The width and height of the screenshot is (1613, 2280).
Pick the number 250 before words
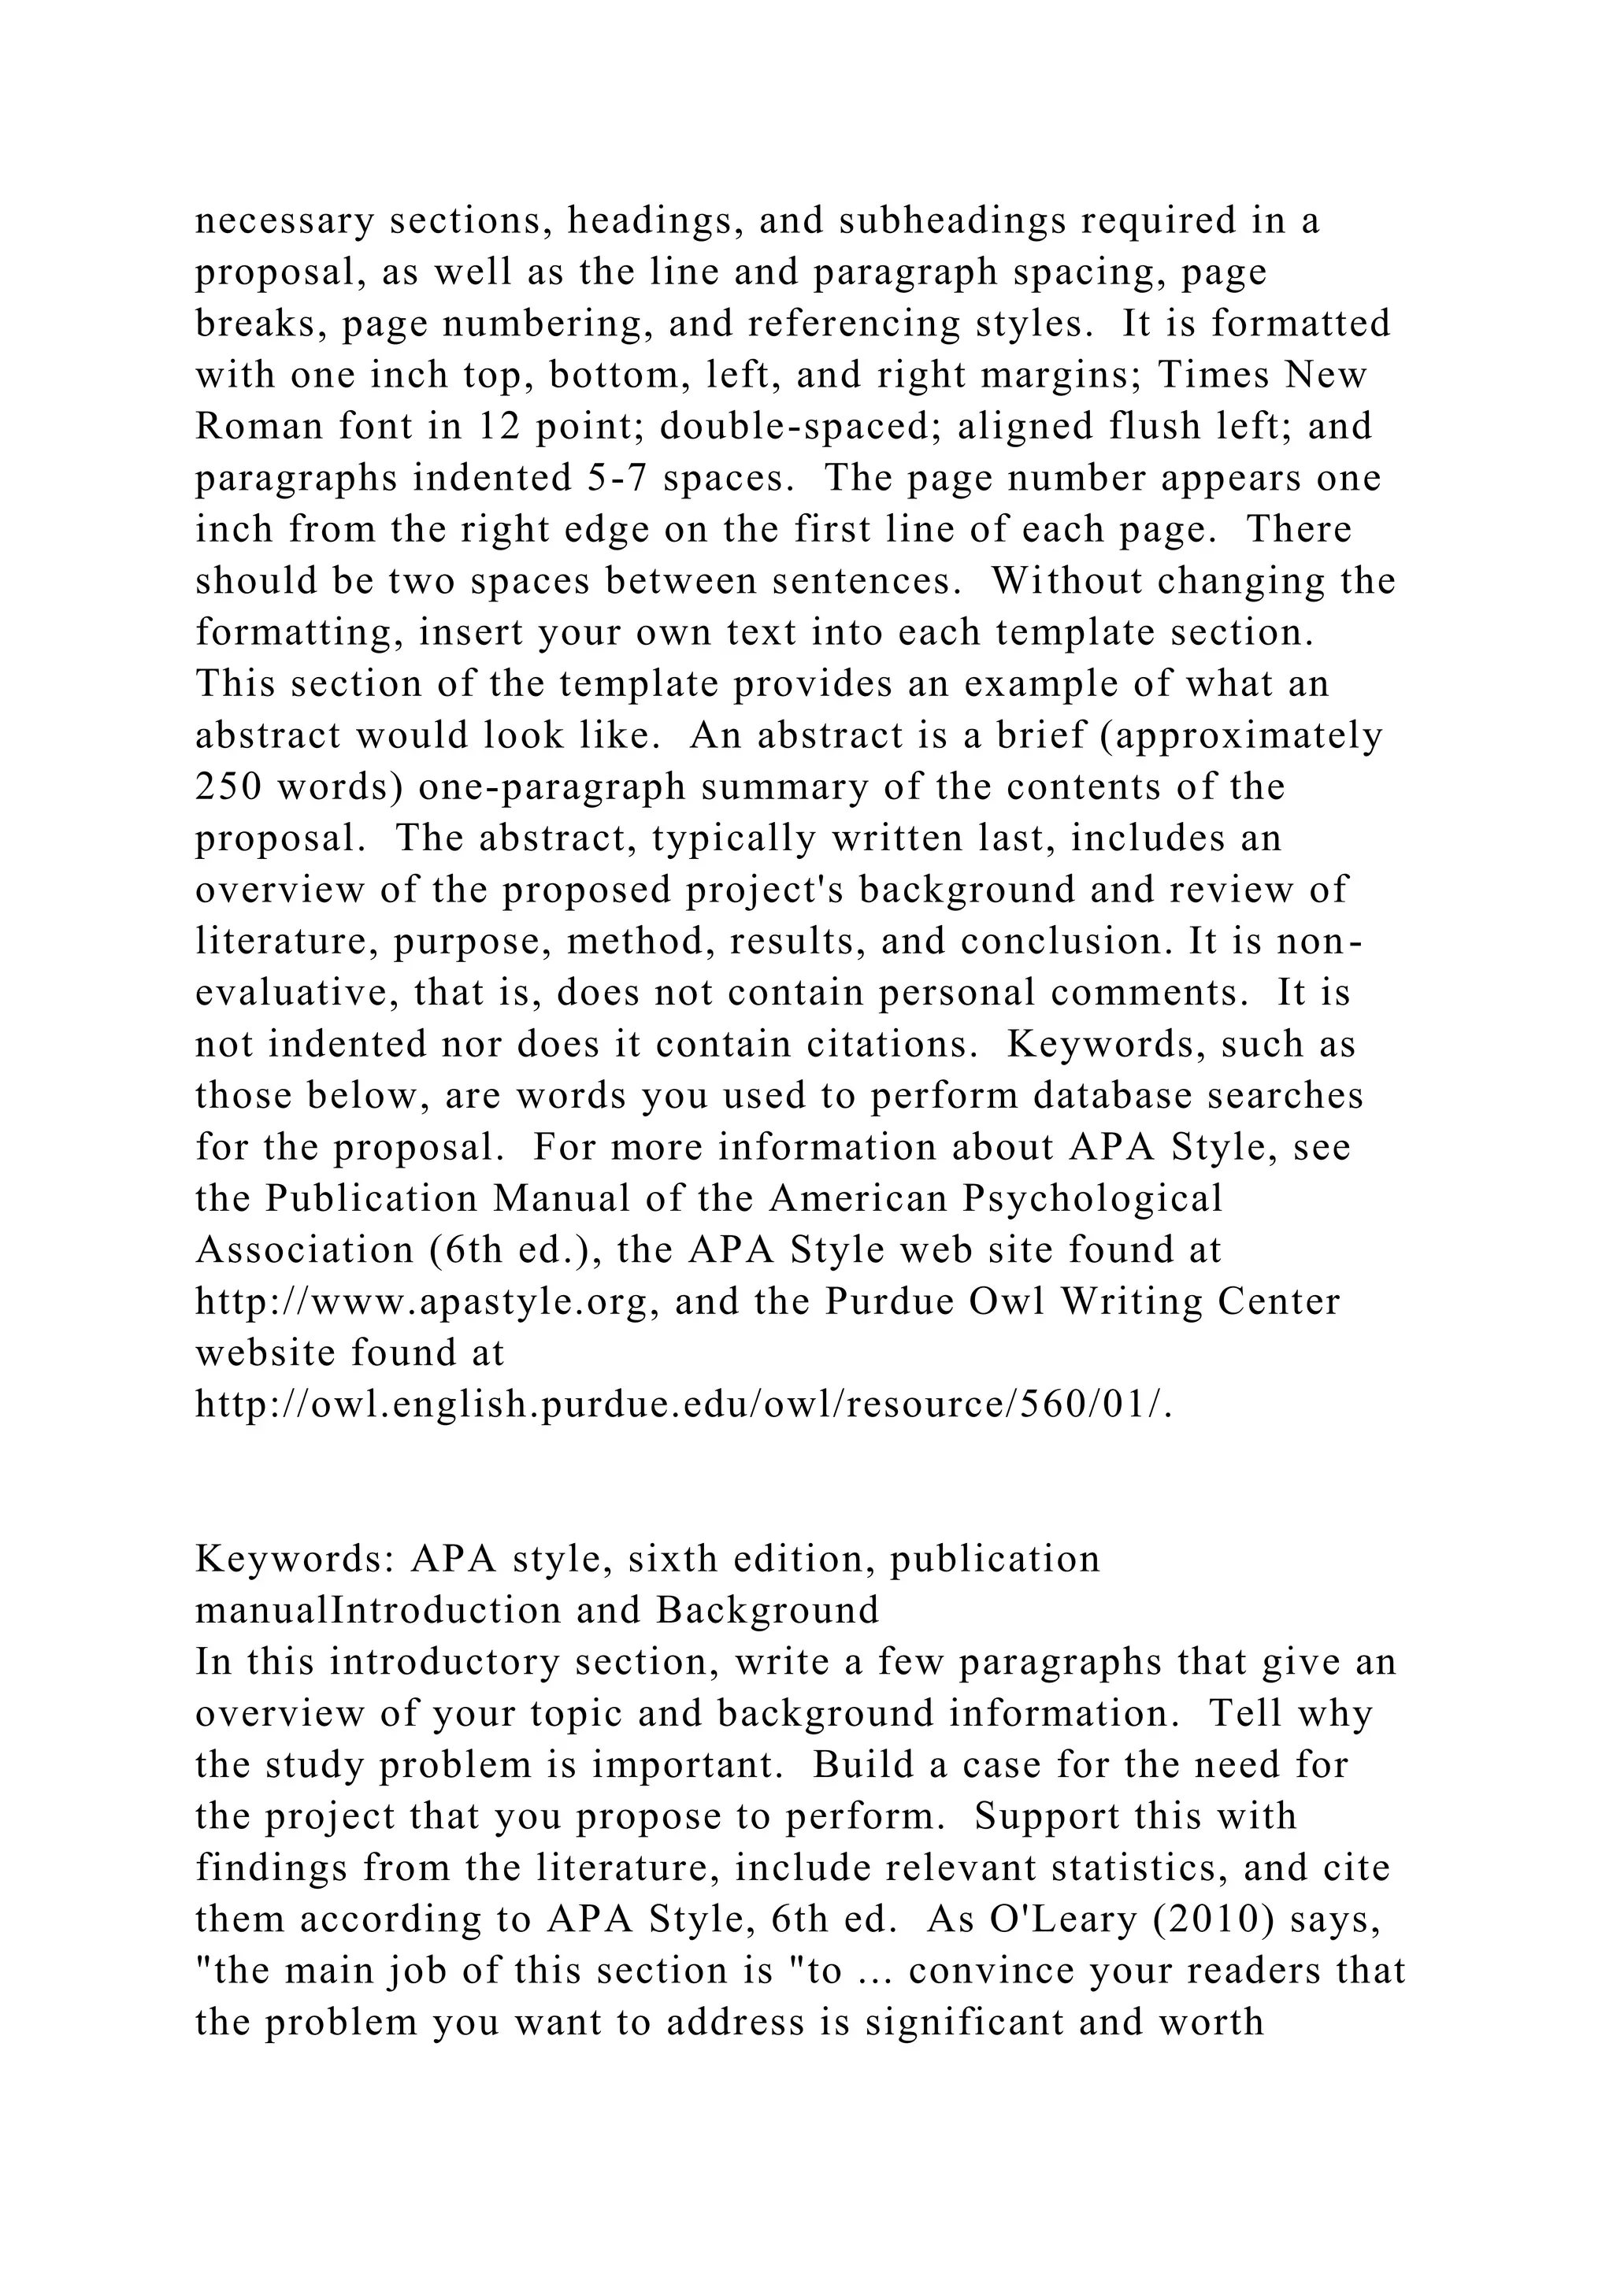(x=228, y=787)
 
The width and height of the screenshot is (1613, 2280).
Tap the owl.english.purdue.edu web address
(x=684, y=1405)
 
